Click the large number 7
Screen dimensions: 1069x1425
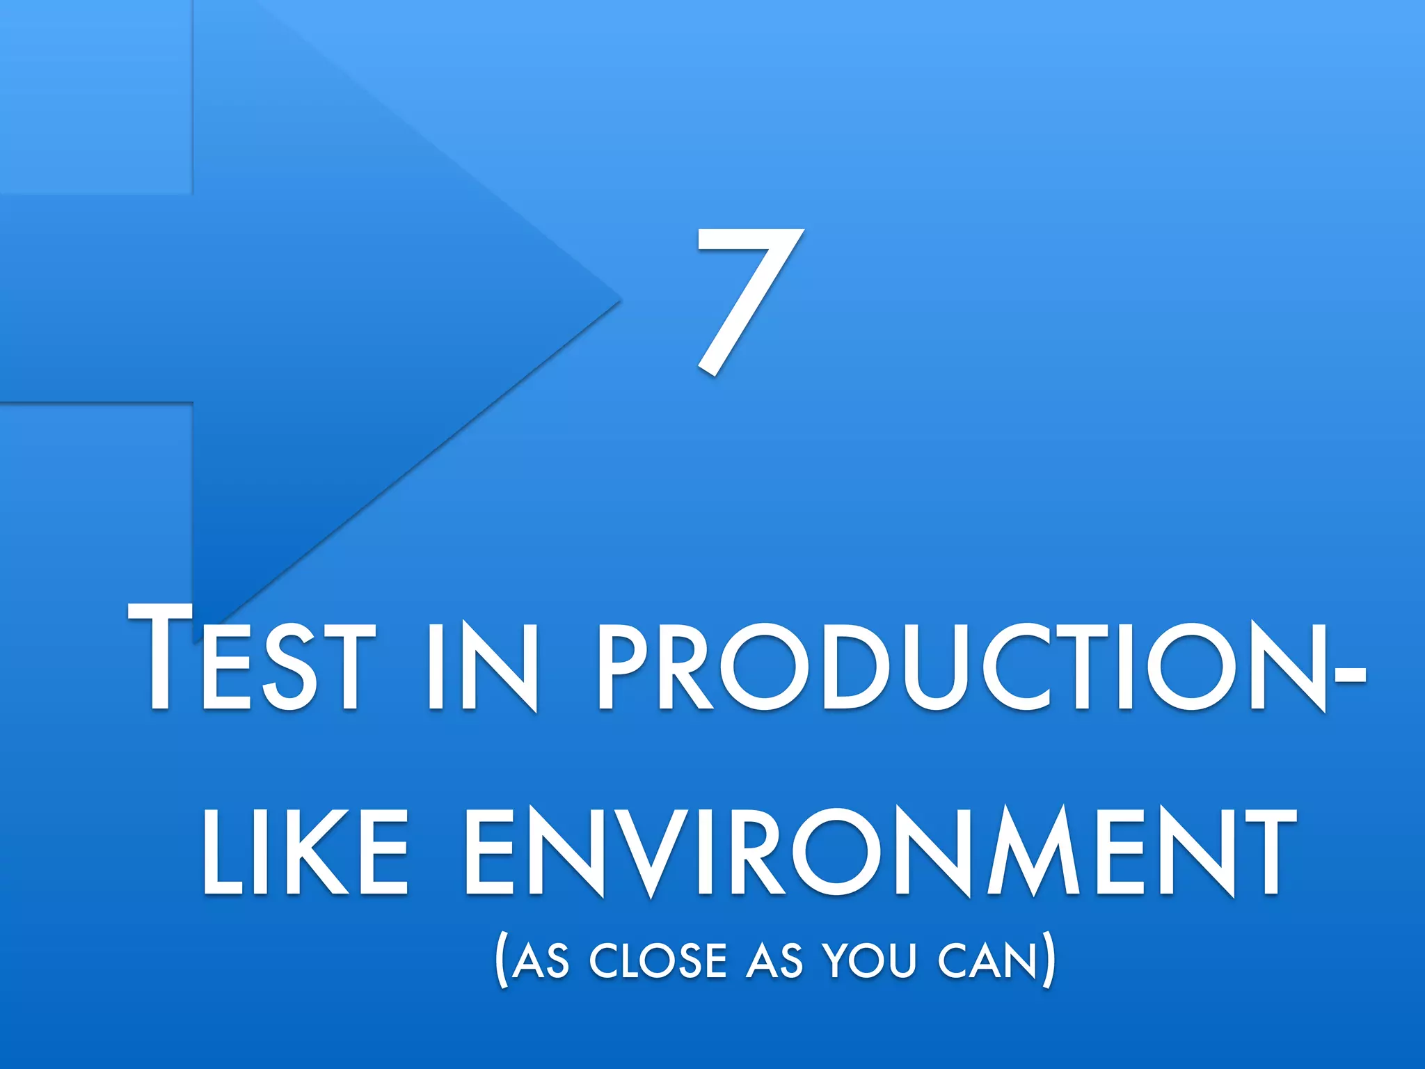[748, 301]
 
